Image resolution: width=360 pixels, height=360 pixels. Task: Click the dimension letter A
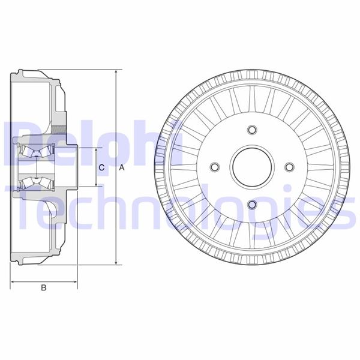[x=121, y=168]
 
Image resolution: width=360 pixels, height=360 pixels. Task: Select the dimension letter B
[x=43, y=289]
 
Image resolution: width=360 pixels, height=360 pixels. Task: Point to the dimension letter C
[x=103, y=167]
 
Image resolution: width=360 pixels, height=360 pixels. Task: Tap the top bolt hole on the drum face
[x=251, y=130]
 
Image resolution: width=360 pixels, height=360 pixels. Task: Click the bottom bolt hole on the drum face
[x=251, y=206]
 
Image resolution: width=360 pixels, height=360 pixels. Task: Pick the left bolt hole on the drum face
[x=214, y=167]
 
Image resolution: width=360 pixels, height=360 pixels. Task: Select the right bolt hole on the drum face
[x=289, y=167]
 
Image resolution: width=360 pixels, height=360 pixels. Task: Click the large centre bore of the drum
[x=251, y=167]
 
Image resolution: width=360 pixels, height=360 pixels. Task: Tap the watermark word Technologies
[x=180, y=207]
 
